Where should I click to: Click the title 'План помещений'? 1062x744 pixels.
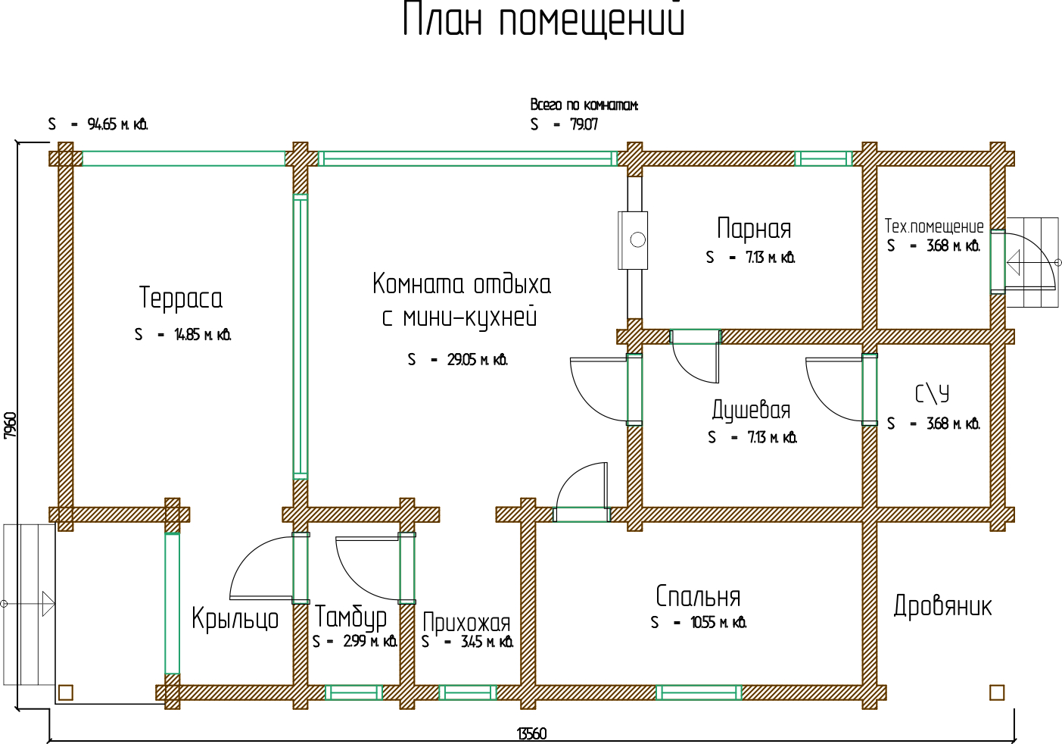click(x=543, y=19)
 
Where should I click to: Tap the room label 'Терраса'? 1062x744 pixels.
click(x=181, y=298)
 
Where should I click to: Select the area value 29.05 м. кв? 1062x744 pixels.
click(x=476, y=360)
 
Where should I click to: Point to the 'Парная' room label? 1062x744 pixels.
click(x=754, y=229)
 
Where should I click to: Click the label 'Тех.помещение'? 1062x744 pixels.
click(x=934, y=227)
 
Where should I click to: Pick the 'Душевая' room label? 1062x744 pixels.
click(x=751, y=410)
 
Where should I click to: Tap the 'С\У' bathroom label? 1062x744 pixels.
click(x=932, y=394)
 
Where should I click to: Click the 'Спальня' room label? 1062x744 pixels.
click(x=698, y=597)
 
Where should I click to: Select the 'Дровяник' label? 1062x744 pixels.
click(x=942, y=606)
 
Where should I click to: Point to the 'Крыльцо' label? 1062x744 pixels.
click(x=235, y=619)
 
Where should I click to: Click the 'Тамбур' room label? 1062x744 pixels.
click(x=350, y=617)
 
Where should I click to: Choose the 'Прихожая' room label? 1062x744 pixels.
click(x=466, y=623)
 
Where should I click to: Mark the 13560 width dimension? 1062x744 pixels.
click(x=531, y=733)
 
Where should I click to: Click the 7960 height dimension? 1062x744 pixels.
click(x=10, y=425)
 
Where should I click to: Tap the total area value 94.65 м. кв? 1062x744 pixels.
click(x=117, y=124)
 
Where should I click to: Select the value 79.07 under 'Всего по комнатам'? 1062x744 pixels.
click(x=584, y=124)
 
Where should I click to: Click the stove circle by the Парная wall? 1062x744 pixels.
click(x=637, y=240)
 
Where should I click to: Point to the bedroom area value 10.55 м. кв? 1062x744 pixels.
click(x=718, y=623)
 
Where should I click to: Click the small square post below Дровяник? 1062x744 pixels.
click(x=997, y=692)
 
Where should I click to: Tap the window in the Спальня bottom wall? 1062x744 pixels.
click(x=699, y=692)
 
